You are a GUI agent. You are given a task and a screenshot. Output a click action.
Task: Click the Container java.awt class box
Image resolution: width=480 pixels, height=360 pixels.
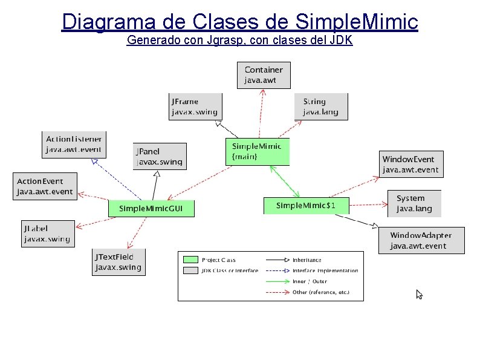pyautogui.click(x=264, y=74)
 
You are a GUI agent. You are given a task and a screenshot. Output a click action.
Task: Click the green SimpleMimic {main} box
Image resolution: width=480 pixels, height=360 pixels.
pyautogui.click(x=258, y=151)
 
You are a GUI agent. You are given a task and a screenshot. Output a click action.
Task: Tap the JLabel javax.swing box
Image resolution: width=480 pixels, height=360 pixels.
pyautogui.click(x=47, y=233)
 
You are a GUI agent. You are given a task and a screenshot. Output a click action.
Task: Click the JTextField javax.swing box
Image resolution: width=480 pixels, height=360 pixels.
pyautogui.click(x=117, y=262)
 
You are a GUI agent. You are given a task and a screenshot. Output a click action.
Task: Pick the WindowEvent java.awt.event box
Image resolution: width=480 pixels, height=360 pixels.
pyautogui.click(x=410, y=164)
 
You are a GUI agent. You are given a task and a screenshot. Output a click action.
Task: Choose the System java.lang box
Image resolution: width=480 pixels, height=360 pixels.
pyautogui.click(x=414, y=203)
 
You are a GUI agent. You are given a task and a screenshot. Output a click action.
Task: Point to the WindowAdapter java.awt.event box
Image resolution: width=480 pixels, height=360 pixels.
pyautogui.click(x=421, y=240)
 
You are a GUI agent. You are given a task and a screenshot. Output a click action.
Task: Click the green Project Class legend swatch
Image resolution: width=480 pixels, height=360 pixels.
pyautogui.click(x=190, y=260)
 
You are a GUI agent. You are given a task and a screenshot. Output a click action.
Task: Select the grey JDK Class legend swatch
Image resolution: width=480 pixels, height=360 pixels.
pyautogui.click(x=190, y=270)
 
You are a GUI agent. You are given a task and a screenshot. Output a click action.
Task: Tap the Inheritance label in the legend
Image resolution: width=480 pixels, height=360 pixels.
pyautogui.click(x=306, y=260)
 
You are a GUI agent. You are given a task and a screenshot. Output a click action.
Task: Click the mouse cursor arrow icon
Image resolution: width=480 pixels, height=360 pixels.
pyautogui.click(x=419, y=295)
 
